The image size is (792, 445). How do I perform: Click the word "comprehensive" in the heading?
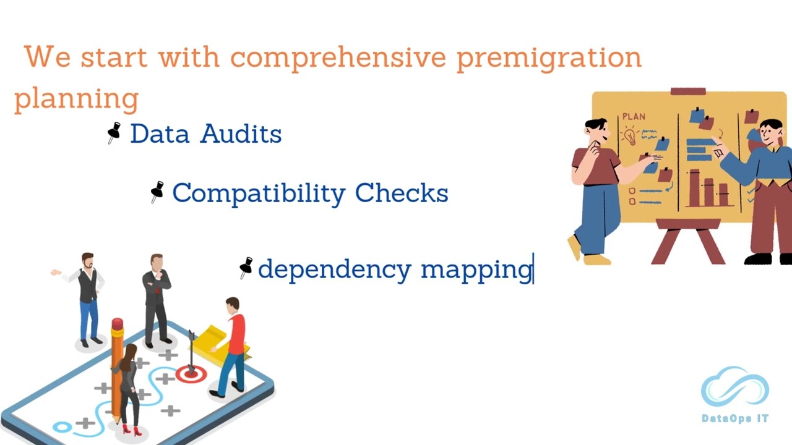[x=338, y=57]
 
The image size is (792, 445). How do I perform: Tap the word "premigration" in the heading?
[x=549, y=57]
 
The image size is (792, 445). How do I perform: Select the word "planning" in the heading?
[x=76, y=98]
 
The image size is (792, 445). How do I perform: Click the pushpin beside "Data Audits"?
[x=114, y=132]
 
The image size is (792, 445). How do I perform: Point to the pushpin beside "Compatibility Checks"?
[x=157, y=192]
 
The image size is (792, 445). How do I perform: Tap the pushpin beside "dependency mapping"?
[x=246, y=268]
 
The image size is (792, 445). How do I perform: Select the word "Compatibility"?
[x=258, y=193]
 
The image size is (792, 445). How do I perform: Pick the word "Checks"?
[x=402, y=193]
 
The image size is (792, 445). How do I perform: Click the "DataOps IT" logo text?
[x=735, y=418]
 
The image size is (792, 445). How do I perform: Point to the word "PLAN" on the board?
[x=634, y=116]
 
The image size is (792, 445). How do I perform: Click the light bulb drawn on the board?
[x=631, y=136]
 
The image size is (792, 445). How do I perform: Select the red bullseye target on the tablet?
[x=191, y=373]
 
